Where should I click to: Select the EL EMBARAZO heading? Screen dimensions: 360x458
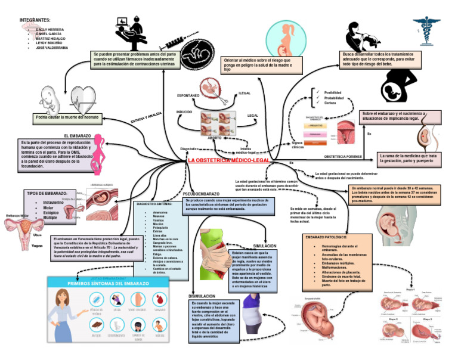(78, 136)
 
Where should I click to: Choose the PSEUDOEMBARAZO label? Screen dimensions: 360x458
(201, 194)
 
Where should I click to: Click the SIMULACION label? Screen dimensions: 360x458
(265, 246)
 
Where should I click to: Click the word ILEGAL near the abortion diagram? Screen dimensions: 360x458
(245, 94)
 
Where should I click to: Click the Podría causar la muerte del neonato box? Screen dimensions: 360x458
(68, 117)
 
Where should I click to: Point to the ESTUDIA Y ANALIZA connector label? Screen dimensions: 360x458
(146, 117)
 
